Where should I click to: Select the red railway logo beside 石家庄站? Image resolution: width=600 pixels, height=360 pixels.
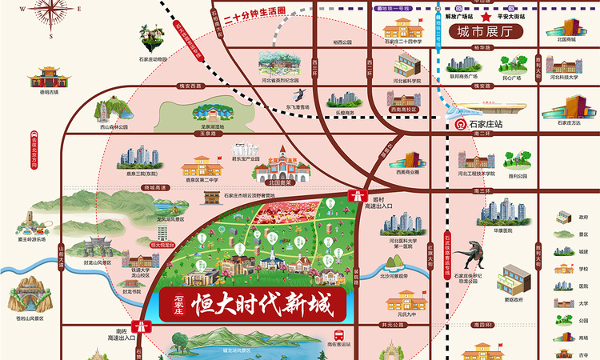[x=461, y=125]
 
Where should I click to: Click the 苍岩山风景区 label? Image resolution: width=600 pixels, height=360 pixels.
[x=28, y=318]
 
